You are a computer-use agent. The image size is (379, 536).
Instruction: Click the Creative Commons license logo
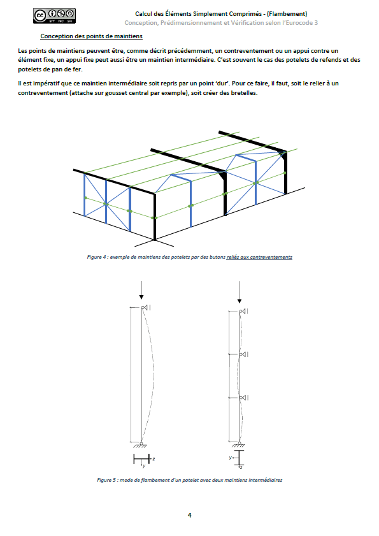coord(54,16)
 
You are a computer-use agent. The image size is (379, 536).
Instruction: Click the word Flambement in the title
coord(287,14)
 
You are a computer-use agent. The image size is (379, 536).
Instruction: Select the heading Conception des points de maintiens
coord(91,36)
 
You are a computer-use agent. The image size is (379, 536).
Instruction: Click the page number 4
coord(190,515)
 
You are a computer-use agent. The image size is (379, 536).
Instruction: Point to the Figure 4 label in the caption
coord(94,257)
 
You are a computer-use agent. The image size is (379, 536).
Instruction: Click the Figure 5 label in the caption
coord(104,480)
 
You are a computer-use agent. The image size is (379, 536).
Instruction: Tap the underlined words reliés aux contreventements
coord(259,257)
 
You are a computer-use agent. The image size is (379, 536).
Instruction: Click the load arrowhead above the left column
coord(141,297)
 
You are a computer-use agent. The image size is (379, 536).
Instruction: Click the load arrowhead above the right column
coord(240,301)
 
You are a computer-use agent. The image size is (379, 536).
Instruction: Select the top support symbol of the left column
coord(146,308)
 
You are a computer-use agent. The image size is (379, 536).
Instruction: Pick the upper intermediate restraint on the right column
coord(244,354)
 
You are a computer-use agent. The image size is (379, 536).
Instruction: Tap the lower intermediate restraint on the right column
coord(244,398)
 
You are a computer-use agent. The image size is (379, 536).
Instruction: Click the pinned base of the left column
coord(141,445)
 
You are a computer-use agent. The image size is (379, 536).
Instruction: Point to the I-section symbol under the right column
coord(240,458)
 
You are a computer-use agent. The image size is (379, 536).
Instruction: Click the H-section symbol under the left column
coord(141,459)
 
